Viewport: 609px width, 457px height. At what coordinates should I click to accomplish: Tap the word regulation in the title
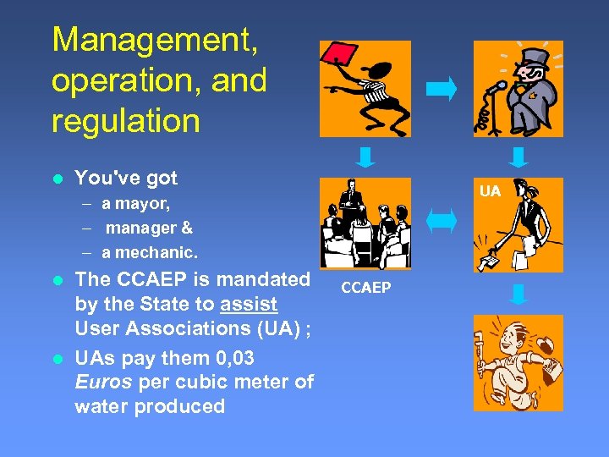125,120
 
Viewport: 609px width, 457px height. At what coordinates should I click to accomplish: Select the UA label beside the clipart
491,191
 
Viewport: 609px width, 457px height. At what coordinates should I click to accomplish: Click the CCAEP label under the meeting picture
365,289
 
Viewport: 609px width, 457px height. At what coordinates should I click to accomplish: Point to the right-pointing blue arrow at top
441,88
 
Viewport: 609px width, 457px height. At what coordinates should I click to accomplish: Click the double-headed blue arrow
441,223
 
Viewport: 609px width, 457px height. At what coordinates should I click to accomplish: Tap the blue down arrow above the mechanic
518,293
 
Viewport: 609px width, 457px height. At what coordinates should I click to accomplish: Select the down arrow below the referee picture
365,157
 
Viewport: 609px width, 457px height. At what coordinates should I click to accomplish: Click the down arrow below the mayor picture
518,157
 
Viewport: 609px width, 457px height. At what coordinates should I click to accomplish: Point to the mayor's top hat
535,59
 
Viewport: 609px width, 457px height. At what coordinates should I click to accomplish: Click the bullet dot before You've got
57,179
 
